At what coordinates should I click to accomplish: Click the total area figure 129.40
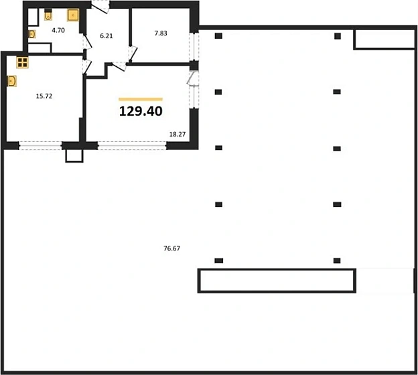point(141,111)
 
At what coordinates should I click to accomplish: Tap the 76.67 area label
point(171,248)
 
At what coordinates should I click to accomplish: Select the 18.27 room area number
point(178,135)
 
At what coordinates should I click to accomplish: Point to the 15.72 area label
point(44,96)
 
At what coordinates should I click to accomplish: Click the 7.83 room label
point(161,33)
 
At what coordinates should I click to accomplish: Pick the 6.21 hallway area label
point(107,35)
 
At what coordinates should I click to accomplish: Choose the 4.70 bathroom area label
point(58,30)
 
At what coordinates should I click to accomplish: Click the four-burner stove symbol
point(22,63)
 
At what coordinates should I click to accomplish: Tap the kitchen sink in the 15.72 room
point(12,81)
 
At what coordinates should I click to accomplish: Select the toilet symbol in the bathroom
point(48,15)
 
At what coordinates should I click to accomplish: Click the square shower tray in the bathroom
point(73,15)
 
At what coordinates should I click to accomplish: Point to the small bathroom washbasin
point(31,34)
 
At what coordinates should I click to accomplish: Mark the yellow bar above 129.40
point(141,99)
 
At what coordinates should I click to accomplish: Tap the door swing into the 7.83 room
point(133,56)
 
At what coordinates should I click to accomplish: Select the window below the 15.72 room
point(40,145)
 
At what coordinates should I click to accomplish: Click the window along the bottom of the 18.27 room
point(132,145)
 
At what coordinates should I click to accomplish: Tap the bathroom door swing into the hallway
point(87,43)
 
